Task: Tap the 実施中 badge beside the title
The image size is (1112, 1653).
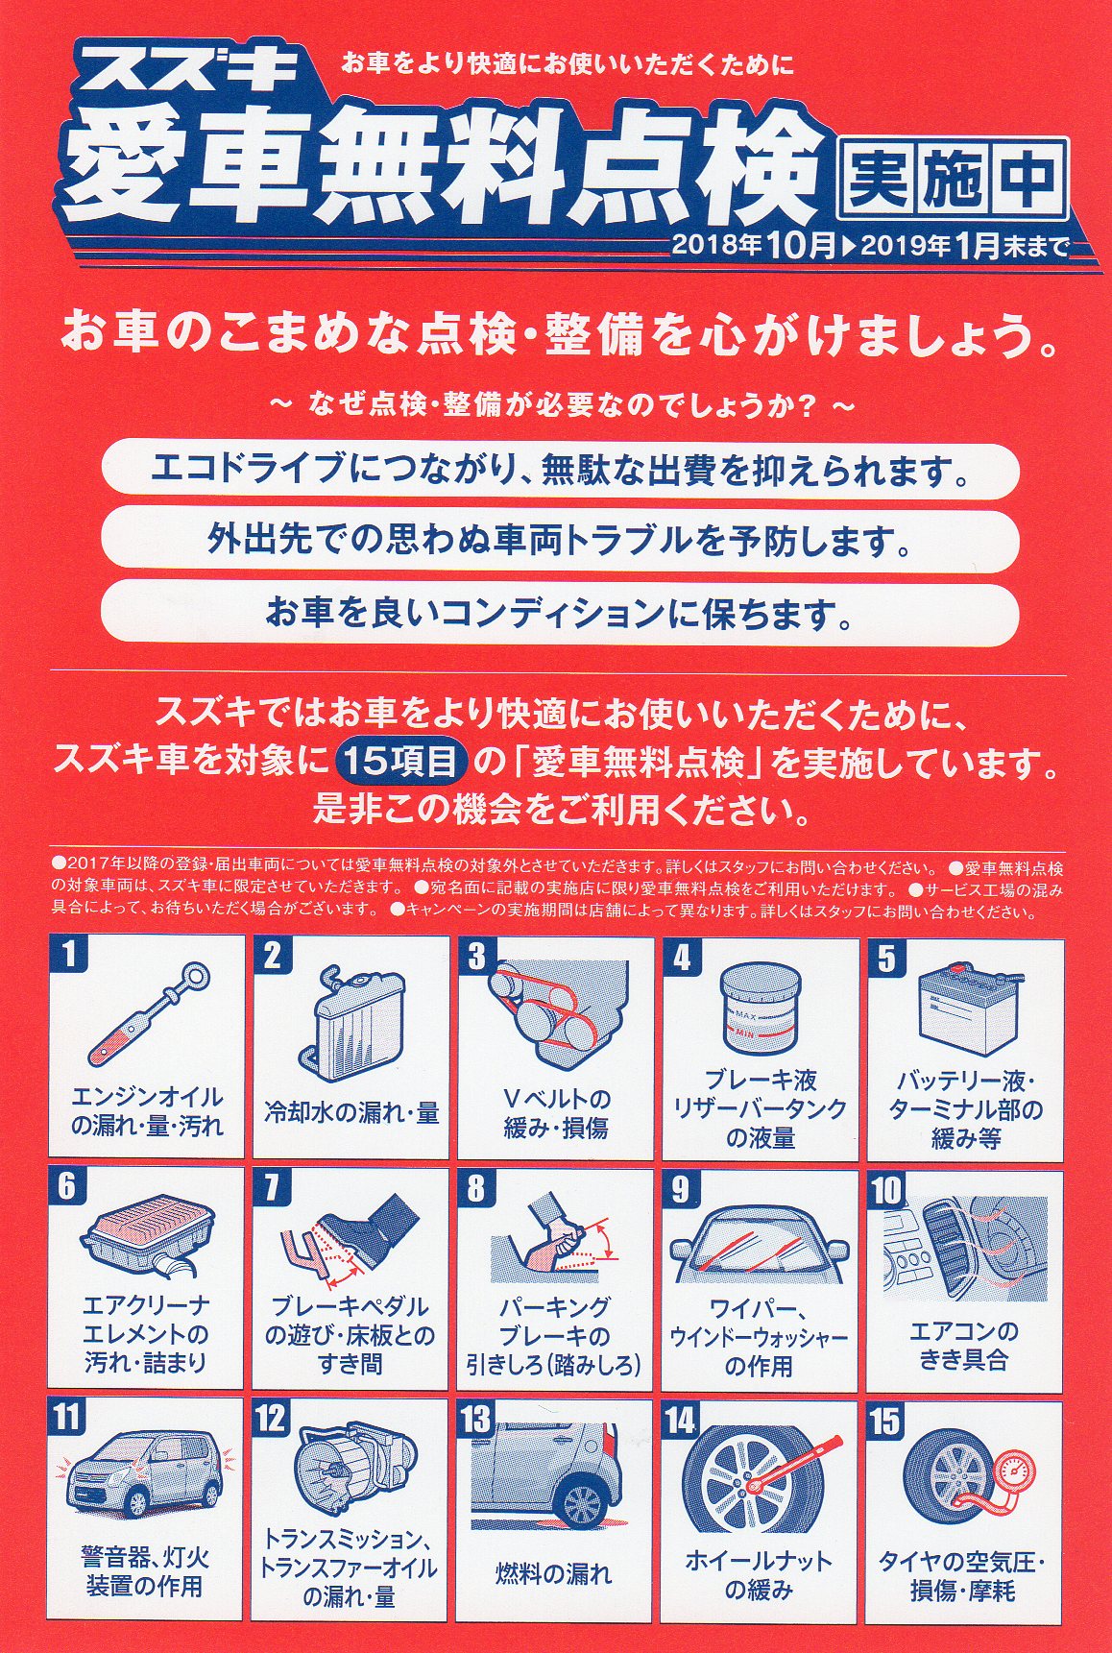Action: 953,179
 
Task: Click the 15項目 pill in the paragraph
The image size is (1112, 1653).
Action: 401,762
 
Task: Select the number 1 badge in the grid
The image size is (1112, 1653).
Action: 68,957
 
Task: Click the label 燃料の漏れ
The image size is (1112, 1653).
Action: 553,1574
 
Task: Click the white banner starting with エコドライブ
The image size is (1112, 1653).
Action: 560,471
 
